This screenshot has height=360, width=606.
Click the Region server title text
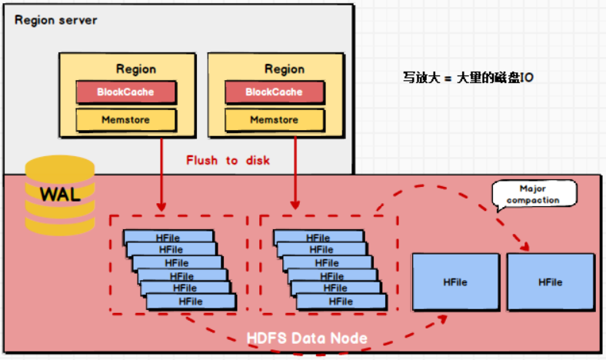click(x=56, y=19)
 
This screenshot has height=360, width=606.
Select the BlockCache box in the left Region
click(x=125, y=92)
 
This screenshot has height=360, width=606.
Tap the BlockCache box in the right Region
click(x=274, y=92)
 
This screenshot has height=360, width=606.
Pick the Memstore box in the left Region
click(x=125, y=120)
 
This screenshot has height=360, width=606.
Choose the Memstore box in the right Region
click(x=274, y=120)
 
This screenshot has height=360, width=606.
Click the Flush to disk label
click(x=228, y=161)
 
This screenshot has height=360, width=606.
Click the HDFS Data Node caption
click(x=307, y=338)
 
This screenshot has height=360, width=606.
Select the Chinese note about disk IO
click(x=468, y=78)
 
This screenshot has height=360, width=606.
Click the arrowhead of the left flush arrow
click(x=161, y=206)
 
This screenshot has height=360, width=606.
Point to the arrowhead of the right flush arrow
click(x=295, y=206)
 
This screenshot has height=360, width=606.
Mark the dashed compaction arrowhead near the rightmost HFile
click(x=527, y=246)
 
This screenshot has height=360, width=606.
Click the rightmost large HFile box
click(x=550, y=282)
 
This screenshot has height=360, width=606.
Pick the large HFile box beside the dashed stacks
click(x=454, y=282)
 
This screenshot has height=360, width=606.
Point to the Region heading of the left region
click(x=136, y=68)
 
